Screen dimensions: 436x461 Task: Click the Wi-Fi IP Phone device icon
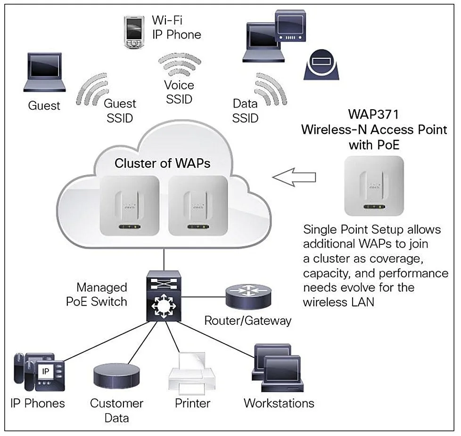(x=133, y=32)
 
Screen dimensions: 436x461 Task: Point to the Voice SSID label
(x=179, y=92)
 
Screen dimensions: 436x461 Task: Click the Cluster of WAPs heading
(x=162, y=163)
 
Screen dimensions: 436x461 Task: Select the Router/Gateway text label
(x=247, y=321)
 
